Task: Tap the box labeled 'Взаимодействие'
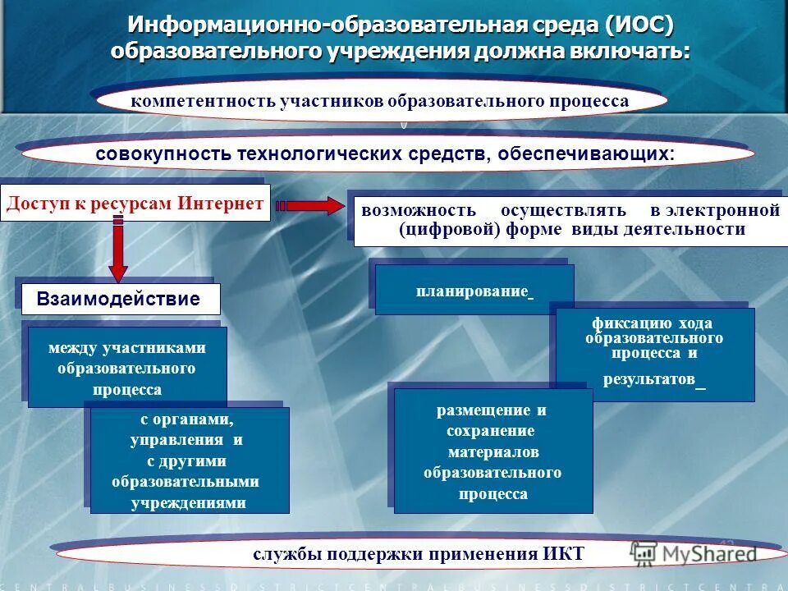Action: click(118, 299)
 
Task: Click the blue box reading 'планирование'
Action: click(474, 291)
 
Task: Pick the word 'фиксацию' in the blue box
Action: click(621, 323)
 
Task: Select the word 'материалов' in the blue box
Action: click(493, 452)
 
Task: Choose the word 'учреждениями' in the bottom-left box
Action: click(188, 502)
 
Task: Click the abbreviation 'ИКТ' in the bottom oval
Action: click(562, 553)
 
